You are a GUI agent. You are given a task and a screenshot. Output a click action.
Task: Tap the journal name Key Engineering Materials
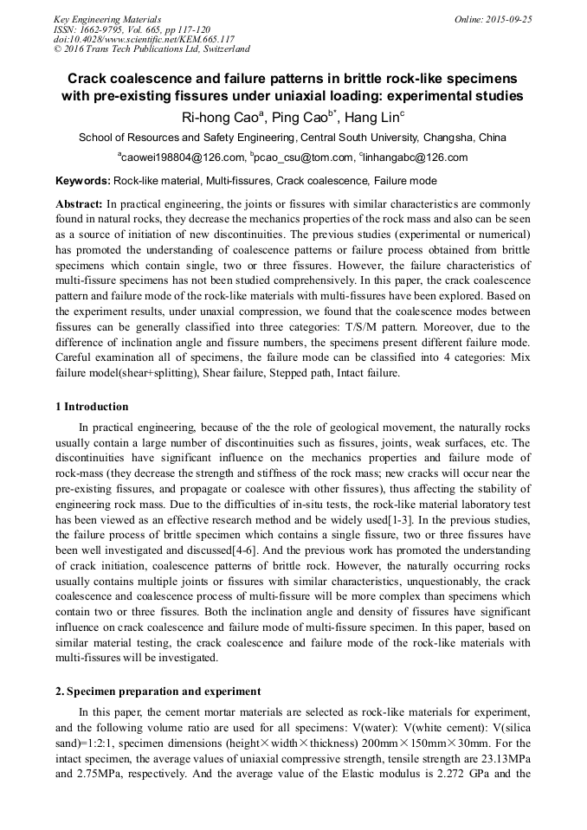107,18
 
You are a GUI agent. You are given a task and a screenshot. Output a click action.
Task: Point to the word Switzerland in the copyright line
221,49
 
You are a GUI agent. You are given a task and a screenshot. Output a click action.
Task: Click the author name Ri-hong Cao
217,118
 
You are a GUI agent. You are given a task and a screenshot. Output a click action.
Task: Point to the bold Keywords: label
82,181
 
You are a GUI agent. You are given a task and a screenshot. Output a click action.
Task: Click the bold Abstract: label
80,204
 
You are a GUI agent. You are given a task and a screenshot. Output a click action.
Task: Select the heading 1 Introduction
92,407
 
